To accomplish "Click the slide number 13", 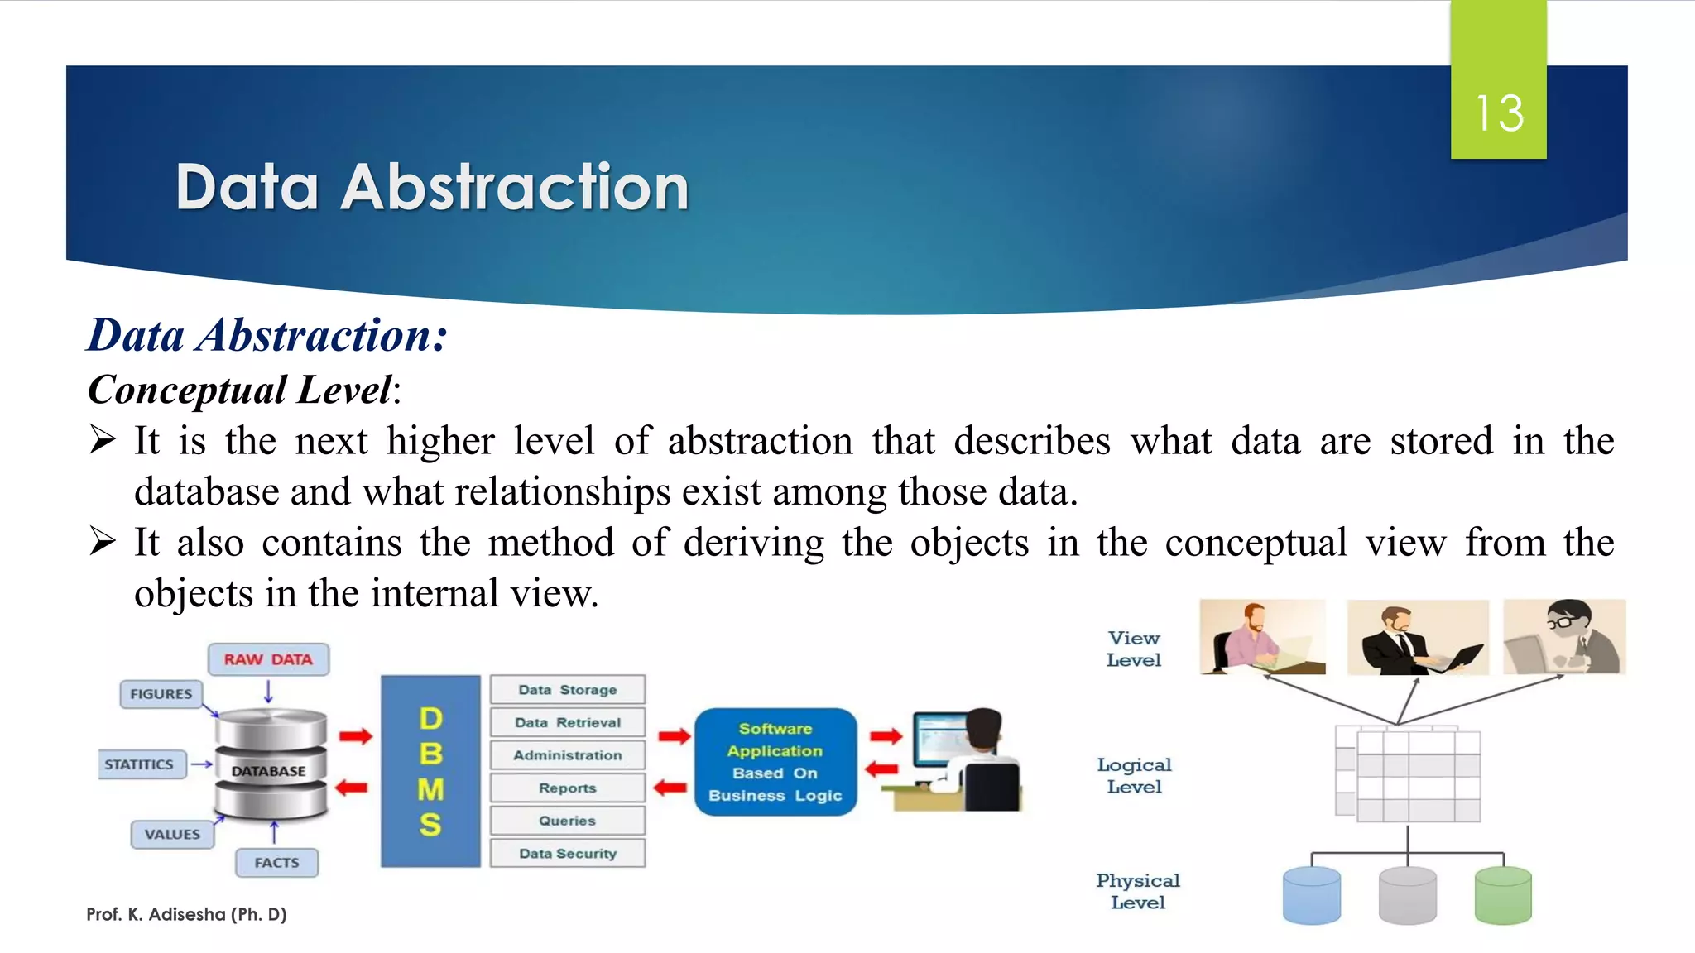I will pyautogui.click(x=1499, y=113).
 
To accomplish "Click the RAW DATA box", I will pyautogui.click(x=268, y=659).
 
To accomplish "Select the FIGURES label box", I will pyautogui.click(x=161, y=694).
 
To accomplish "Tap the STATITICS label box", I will pyautogui.click(x=139, y=764).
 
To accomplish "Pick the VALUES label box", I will pyautogui.click(x=172, y=834).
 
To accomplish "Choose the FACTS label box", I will pyautogui.click(x=276, y=863).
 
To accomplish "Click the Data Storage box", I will pyautogui.click(x=568, y=690).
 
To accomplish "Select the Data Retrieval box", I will pyautogui.click(x=568, y=722).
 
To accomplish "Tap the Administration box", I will pyautogui.click(x=568, y=755).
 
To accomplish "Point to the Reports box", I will pyautogui.click(x=568, y=788).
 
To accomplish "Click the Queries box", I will pyautogui.click(x=568, y=821).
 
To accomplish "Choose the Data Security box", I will pyautogui.click(x=568, y=853).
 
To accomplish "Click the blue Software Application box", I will pyautogui.click(x=775, y=762).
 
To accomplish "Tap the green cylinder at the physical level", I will pyautogui.click(x=1503, y=895).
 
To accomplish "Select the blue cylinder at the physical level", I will pyautogui.click(x=1312, y=895).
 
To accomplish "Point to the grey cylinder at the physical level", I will pyautogui.click(x=1408, y=895).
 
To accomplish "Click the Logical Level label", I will pyautogui.click(x=1135, y=776).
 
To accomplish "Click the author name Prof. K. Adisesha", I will pyautogui.click(x=186, y=914).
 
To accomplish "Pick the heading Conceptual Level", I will pyautogui.click(x=241, y=390).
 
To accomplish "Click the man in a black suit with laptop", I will pyautogui.click(x=1417, y=638).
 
